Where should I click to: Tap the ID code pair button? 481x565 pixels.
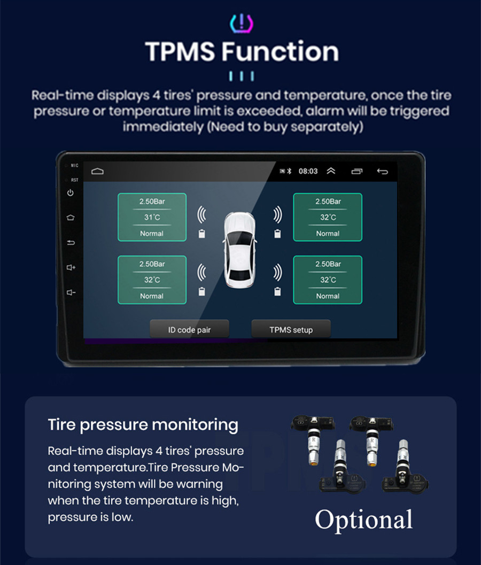pos(189,330)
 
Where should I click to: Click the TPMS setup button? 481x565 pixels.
pos(291,330)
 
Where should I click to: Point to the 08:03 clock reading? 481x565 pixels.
pos(308,171)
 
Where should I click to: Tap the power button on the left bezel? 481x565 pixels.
pos(71,192)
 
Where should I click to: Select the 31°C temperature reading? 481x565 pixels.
pos(152,218)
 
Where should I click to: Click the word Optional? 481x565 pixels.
pos(363,520)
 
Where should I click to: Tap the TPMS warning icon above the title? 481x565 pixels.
pos(242,23)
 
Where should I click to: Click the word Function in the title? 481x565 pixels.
pos(280,52)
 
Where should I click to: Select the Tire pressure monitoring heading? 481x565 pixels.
pos(143,424)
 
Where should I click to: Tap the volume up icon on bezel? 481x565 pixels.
pos(71,267)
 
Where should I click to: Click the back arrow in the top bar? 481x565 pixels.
pos(382,171)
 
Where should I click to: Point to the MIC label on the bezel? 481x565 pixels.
pos(74,166)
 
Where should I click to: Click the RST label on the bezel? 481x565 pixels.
pos(74,180)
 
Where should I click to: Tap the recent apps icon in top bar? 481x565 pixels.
pos(356,171)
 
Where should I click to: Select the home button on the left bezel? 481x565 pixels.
pos(71,218)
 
